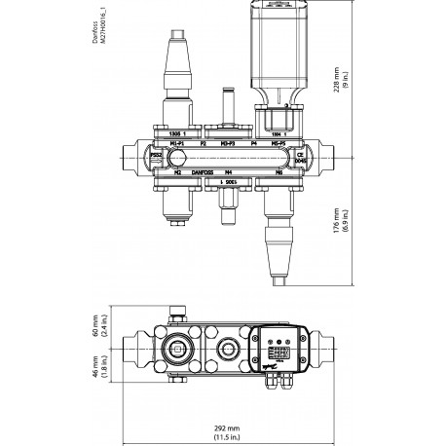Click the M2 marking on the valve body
coord(151,172)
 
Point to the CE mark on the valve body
coord(301,153)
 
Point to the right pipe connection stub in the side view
coord(323,157)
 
